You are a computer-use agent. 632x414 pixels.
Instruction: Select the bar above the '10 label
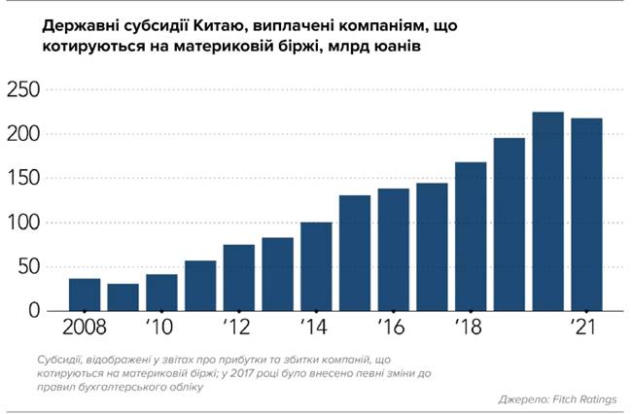161,293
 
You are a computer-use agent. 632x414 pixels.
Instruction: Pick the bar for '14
316,266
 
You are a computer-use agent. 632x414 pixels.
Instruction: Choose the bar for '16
393,250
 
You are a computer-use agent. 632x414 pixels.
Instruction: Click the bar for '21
586,215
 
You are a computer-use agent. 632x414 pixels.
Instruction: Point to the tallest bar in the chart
547,212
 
